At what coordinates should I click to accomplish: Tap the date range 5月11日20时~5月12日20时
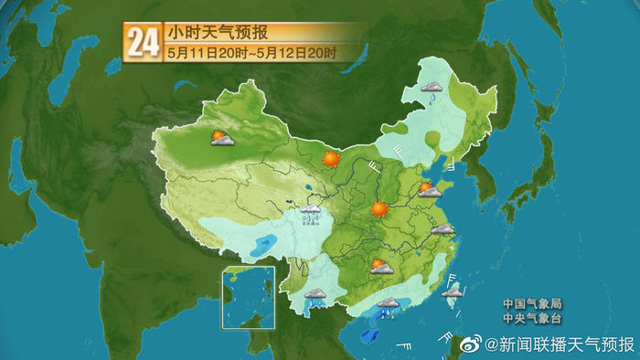click(x=251, y=53)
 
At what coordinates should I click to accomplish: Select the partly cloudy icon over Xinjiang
click(x=220, y=139)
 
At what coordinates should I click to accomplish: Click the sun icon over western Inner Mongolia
click(x=331, y=159)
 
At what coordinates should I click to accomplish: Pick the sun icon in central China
click(x=379, y=209)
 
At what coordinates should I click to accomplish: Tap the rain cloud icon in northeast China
click(x=432, y=90)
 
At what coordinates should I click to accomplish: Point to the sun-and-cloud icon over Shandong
click(x=428, y=190)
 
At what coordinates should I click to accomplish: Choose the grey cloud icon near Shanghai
click(x=443, y=229)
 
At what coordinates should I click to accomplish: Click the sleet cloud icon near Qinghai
click(x=311, y=212)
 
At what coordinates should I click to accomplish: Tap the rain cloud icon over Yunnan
click(x=316, y=297)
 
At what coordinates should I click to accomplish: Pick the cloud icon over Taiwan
click(x=452, y=291)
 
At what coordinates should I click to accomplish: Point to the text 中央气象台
click(x=530, y=319)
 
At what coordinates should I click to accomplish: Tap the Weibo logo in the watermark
click(x=470, y=344)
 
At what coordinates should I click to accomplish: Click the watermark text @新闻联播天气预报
click(x=560, y=344)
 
